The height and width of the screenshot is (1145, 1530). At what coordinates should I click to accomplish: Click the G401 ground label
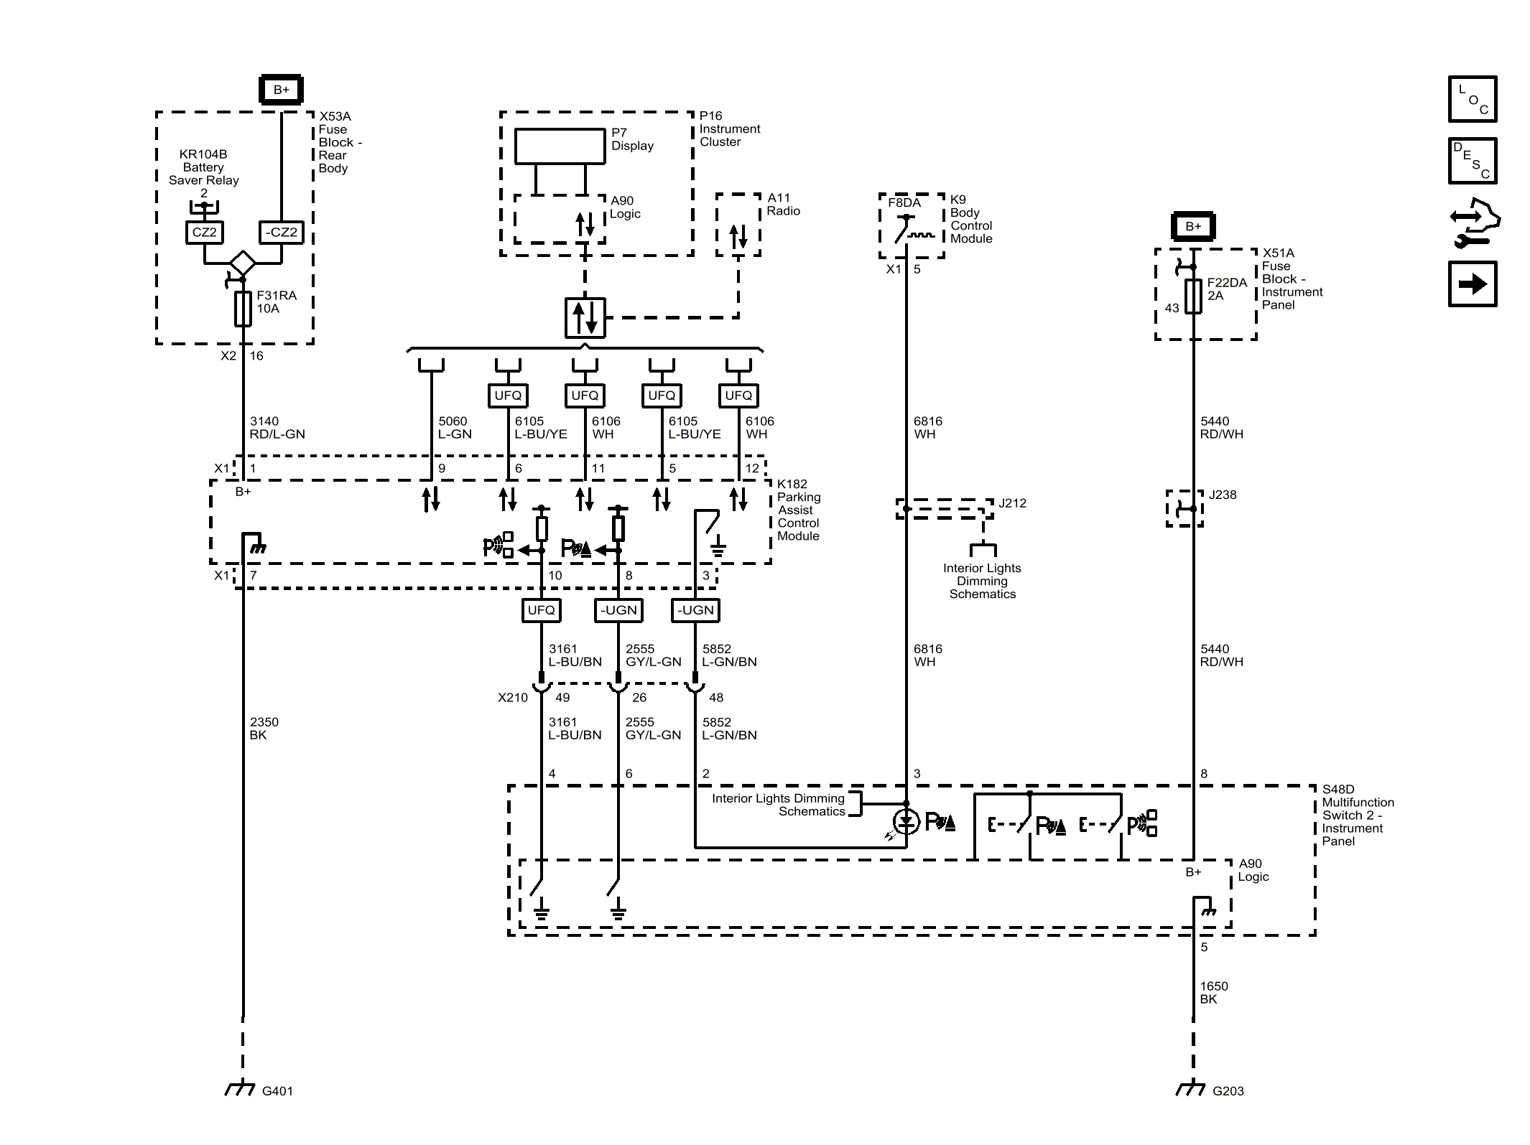tap(277, 1091)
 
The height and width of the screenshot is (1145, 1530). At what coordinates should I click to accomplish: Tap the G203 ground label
tap(1228, 1091)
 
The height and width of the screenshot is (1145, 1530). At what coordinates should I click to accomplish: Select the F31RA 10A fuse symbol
tap(243, 309)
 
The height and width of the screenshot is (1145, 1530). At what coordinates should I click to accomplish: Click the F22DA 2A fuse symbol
tap(1193, 296)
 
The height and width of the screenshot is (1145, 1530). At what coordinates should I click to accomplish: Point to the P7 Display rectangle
tap(560, 146)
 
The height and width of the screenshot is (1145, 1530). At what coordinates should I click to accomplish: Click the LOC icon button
tap(1472, 99)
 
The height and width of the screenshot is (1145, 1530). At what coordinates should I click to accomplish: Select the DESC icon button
tap(1472, 161)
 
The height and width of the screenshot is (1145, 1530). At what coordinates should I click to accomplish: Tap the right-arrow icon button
tap(1472, 284)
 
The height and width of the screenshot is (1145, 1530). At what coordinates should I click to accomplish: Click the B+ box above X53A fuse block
tap(281, 90)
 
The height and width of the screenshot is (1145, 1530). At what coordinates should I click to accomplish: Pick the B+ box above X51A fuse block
tap(1193, 226)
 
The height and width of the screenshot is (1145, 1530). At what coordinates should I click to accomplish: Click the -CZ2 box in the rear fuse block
tap(281, 233)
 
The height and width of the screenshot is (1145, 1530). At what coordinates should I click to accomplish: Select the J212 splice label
tap(1012, 503)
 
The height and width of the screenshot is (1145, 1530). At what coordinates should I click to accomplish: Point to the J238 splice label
tap(1223, 495)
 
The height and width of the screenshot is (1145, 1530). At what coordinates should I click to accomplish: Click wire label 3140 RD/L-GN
tap(277, 428)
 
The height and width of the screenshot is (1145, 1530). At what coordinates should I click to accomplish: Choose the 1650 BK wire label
tap(1214, 993)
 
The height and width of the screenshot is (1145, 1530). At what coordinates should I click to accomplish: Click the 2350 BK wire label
tap(264, 729)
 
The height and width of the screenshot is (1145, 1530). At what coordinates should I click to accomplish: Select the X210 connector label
tap(512, 698)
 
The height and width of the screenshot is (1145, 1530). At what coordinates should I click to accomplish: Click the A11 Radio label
tap(782, 205)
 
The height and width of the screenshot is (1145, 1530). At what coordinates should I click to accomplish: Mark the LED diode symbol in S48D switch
tap(906, 821)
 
